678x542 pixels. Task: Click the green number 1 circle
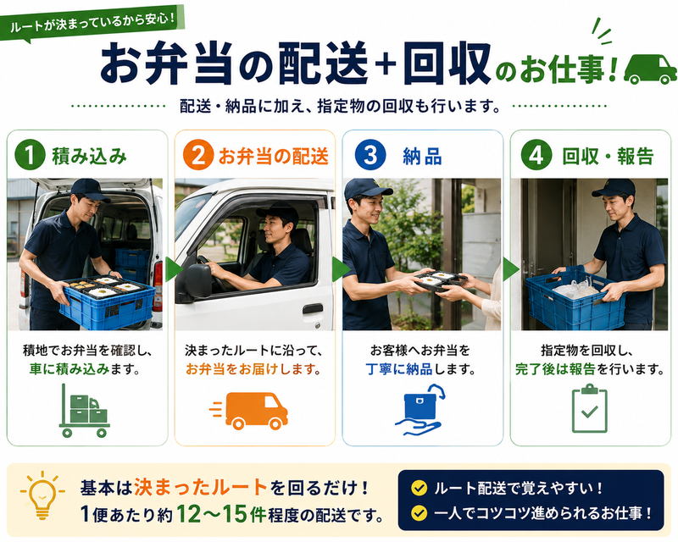click(30, 155)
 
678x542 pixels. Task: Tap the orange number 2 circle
click(198, 155)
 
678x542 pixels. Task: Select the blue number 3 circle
click(370, 155)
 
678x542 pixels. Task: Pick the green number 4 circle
click(536, 155)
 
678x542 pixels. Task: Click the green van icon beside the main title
click(650, 69)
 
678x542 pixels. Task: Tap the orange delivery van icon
click(249, 411)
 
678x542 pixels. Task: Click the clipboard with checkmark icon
click(589, 408)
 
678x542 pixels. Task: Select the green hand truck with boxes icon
click(84, 411)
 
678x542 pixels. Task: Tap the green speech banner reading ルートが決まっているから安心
click(92, 24)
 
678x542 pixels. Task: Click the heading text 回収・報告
click(608, 156)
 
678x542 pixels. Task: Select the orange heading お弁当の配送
click(273, 156)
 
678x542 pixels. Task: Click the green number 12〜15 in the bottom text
click(213, 514)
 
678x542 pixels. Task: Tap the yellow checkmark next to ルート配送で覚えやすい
click(419, 488)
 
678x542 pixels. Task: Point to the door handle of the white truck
click(312, 308)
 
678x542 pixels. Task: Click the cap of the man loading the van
click(90, 190)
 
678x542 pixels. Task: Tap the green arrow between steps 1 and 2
click(174, 268)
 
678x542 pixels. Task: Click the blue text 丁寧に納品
click(398, 369)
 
